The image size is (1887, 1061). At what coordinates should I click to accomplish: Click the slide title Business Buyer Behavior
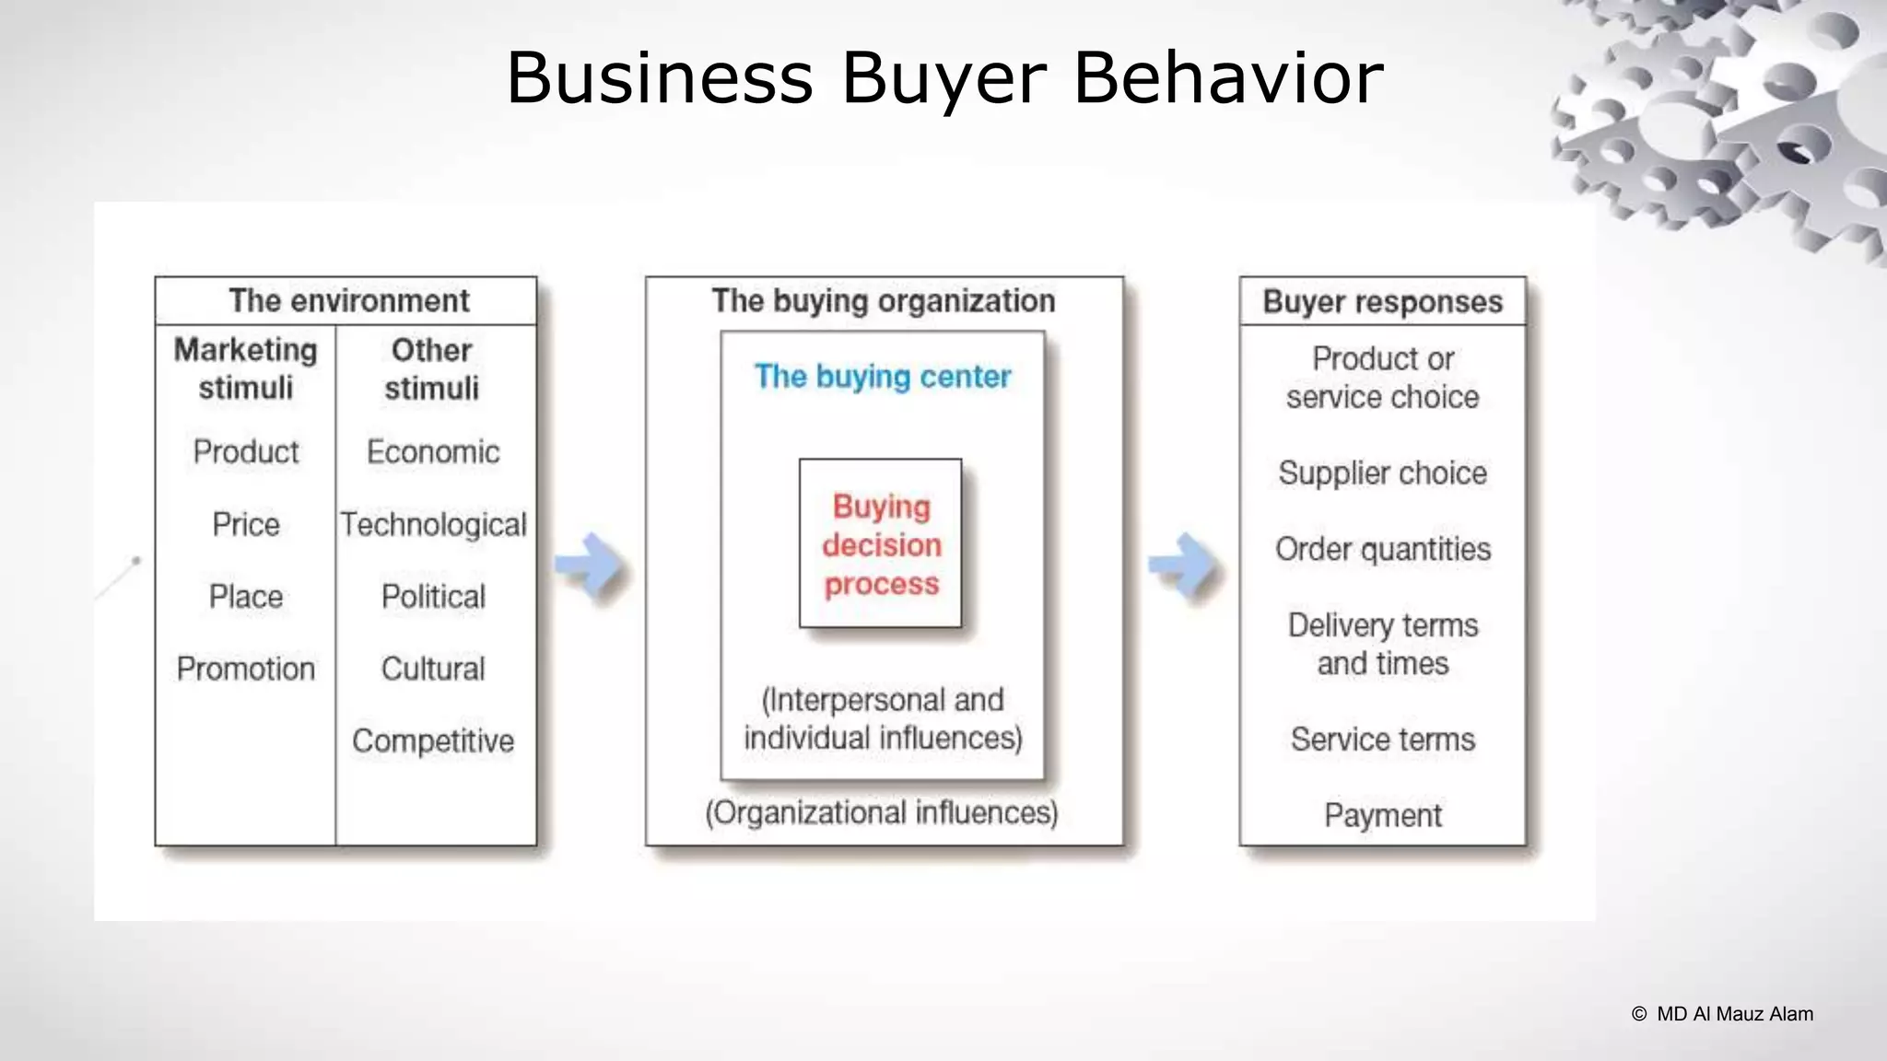coord(944,77)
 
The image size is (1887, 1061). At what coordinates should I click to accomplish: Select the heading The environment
coord(348,301)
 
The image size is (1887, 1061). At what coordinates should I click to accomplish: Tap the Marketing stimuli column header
coord(245,368)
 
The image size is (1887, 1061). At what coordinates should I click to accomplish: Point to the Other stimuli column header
coord(431,368)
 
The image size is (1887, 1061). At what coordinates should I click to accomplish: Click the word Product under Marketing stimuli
coord(246,452)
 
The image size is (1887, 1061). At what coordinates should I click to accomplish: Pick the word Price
coord(246,524)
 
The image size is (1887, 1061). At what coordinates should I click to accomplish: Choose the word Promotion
coord(246,669)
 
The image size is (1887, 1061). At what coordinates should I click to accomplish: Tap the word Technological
coord(433,524)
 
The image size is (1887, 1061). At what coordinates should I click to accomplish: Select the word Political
coord(433,597)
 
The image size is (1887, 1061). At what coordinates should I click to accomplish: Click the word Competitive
coord(433,740)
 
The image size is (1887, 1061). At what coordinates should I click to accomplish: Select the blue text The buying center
coord(883,377)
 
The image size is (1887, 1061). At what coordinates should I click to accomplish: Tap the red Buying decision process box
coord(881,544)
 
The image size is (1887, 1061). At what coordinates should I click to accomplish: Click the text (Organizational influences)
coord(882,812)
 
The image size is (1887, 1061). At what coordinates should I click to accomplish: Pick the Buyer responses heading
coord(1382,302)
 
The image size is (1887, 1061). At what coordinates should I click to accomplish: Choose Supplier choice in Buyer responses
coord(1382,473)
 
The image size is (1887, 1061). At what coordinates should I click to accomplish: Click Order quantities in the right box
coord(1382,549)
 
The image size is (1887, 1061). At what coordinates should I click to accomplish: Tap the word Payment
coord(1382,815)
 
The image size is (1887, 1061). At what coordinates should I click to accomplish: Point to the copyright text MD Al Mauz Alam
coord(1723,1014)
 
